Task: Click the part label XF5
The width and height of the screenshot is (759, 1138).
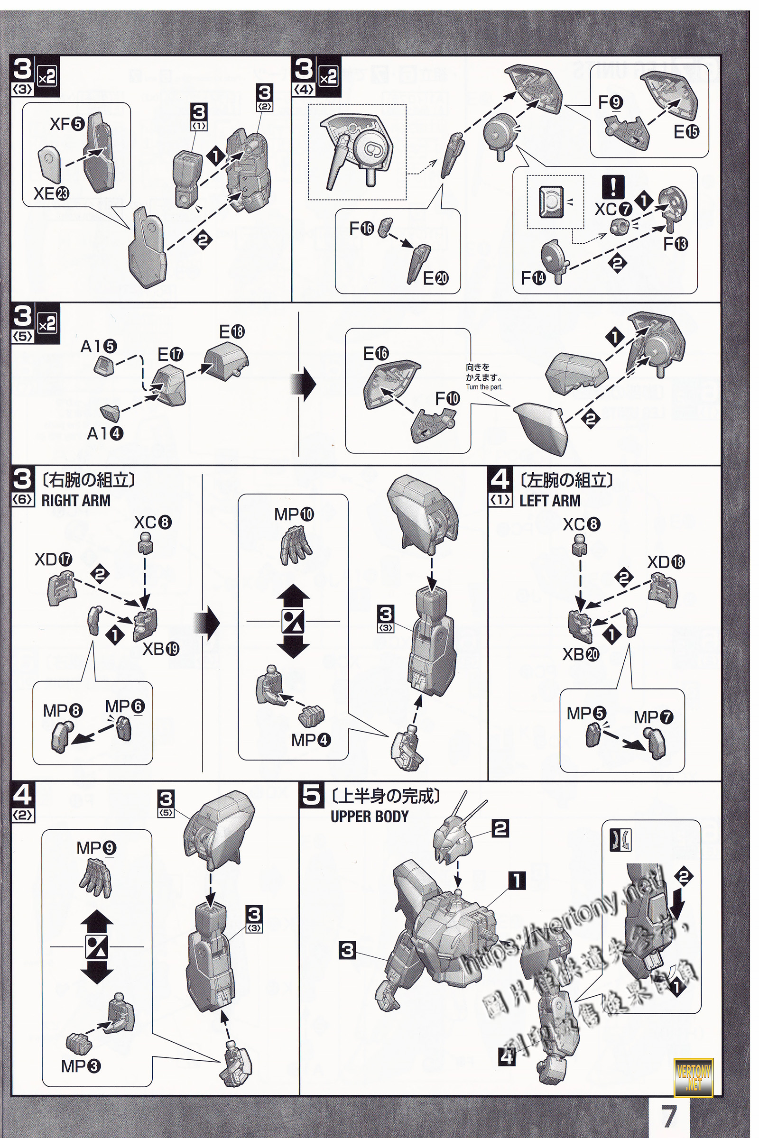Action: [x=67, y=124]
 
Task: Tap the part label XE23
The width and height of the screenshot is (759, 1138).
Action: [x=51, y=194]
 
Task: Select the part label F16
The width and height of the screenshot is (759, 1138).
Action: [x=361, y=228]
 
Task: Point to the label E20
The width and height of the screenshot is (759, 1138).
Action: [x=435, y=278]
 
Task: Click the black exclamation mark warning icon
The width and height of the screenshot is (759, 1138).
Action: [x=612, y=187]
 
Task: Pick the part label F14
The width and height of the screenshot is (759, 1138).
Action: [x=533, y=278]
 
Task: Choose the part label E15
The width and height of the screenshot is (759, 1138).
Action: [x=686, y=132]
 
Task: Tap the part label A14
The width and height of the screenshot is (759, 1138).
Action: [x=104, y=434]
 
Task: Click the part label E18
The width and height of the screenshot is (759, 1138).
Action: [x=232, y=332]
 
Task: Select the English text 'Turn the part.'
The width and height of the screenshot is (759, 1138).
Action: [x=484, y=387]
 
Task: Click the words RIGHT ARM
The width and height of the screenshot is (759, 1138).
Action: [x=76, y=500]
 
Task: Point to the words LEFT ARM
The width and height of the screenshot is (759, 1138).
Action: [x=550, y=501]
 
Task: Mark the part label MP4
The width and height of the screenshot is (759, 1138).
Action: [x=311, y=740]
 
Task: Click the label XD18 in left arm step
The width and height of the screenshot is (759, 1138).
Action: [x=666, y=562]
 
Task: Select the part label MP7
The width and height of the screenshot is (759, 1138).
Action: [x=654, y=716]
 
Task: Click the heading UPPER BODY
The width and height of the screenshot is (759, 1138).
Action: [x=370, y=816]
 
